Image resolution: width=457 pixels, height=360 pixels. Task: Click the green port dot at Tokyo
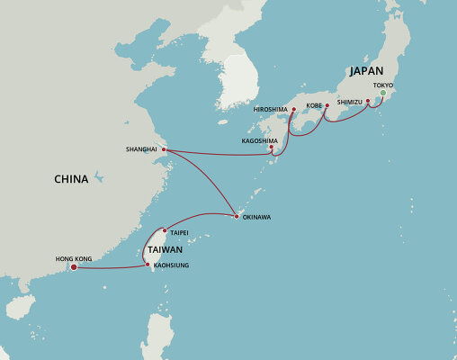pyautogui.click(x=382, y=93)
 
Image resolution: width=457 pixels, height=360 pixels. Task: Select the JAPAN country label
pyautogui.click(x=366, y=71)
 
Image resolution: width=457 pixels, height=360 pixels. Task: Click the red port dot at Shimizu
pyautogui.click(x=367, y=112)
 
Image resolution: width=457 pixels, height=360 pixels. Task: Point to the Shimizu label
pyautogui.click(x=349, y=103)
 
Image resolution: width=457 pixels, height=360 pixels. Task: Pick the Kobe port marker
pyautogui.click(x=327, y=105)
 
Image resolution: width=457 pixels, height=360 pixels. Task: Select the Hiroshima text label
pyautogui.click(x=271, y=109)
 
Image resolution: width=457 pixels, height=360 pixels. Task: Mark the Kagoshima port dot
pyautogui.click(x=272, y=147)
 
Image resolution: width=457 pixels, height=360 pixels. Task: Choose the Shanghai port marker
pyautogui.click(x=164, y=149)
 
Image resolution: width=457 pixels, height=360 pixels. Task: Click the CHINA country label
pyautogui.click(x=71, y=179)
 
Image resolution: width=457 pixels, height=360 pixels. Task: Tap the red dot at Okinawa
pyautogui.click(x=236, y=216)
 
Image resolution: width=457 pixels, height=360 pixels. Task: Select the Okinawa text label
pyautogui.click(x=255, y=217)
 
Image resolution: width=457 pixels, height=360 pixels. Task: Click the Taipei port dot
pyautogui.click(x=164, y=230)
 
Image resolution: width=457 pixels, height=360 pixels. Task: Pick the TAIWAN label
pyautogui.click(x=166, y=249)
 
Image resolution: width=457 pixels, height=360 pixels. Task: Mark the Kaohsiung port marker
pyautogui.click(x=147, y=264)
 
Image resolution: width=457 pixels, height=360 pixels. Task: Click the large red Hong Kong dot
pyautogui.click(x=73, y=265)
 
